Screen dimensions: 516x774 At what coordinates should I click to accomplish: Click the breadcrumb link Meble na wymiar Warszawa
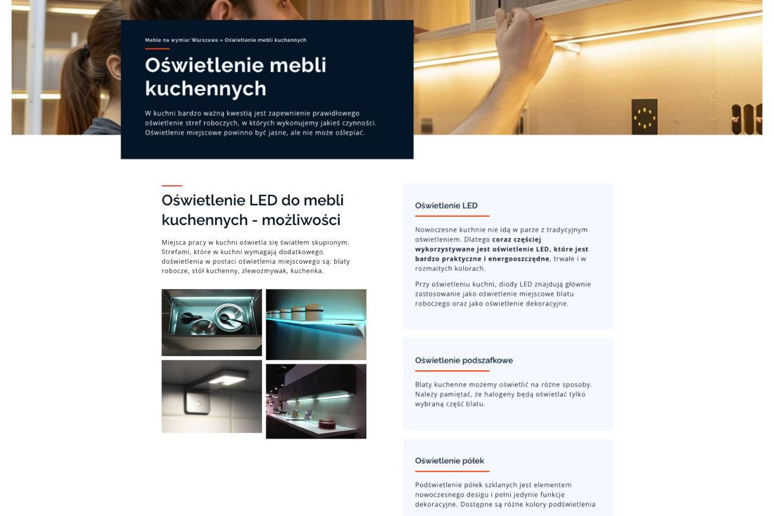181,40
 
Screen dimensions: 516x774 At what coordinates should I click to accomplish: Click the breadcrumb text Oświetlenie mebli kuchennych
265,40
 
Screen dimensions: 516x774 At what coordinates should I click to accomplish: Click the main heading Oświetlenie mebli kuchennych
235,76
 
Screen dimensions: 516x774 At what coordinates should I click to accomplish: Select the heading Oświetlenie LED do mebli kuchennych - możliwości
252,210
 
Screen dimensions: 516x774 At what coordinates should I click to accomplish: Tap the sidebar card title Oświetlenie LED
446,206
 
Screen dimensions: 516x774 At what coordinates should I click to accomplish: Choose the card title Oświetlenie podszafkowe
464,361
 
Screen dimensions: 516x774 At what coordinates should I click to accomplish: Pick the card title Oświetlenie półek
449,461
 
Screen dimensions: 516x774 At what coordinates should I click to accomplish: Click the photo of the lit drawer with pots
212,322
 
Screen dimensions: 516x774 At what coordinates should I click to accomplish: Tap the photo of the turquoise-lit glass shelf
316,324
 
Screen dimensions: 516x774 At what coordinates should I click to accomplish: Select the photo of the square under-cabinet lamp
212,396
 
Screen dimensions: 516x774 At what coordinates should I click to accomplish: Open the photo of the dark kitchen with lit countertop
316,401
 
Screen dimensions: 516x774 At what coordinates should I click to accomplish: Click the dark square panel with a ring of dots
644,117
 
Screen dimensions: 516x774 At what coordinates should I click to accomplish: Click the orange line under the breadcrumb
157,48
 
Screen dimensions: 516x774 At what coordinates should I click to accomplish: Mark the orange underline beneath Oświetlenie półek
451,471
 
